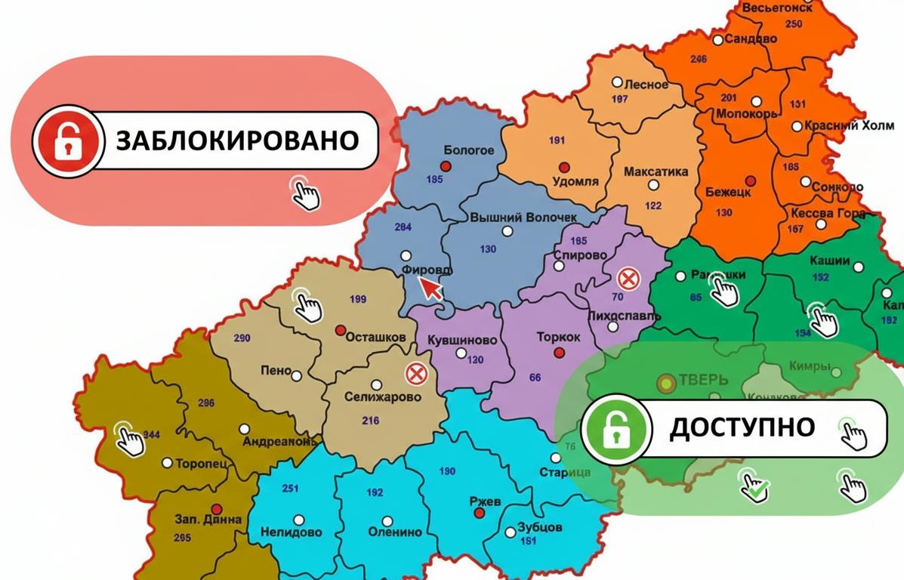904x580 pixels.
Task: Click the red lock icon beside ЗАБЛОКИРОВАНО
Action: [x=66, y=140]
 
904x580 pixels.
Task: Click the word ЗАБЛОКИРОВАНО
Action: [x=236, y=140]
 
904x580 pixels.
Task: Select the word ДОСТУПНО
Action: [x=742, y=427]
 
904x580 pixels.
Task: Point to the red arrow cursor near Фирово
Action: [x=431, y=288]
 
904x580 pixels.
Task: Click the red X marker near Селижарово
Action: [x=415, y=373]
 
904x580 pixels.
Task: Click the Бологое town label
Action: [x=468, y=150]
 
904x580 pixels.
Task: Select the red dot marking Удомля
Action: [x=563, y=167]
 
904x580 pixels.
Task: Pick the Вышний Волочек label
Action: [x=523, y=217]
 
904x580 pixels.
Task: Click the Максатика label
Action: [x=656, y=172]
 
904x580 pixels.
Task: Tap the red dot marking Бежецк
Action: [x=750, y=180]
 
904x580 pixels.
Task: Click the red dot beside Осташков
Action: [x=340, y=329]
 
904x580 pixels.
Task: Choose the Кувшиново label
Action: [x=462, y=341]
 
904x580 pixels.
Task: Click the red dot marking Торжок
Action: [x=559, y=353]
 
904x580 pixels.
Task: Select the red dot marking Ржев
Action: [x=478, y=513]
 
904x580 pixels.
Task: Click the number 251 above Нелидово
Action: [x=290, y=489]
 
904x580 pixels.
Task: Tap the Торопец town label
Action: [x=201, y=464]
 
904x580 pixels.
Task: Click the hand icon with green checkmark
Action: [x=753, y=486]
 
